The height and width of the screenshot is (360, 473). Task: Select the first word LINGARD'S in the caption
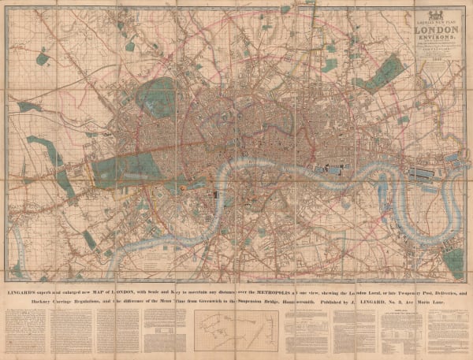(x=28, y=290)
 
